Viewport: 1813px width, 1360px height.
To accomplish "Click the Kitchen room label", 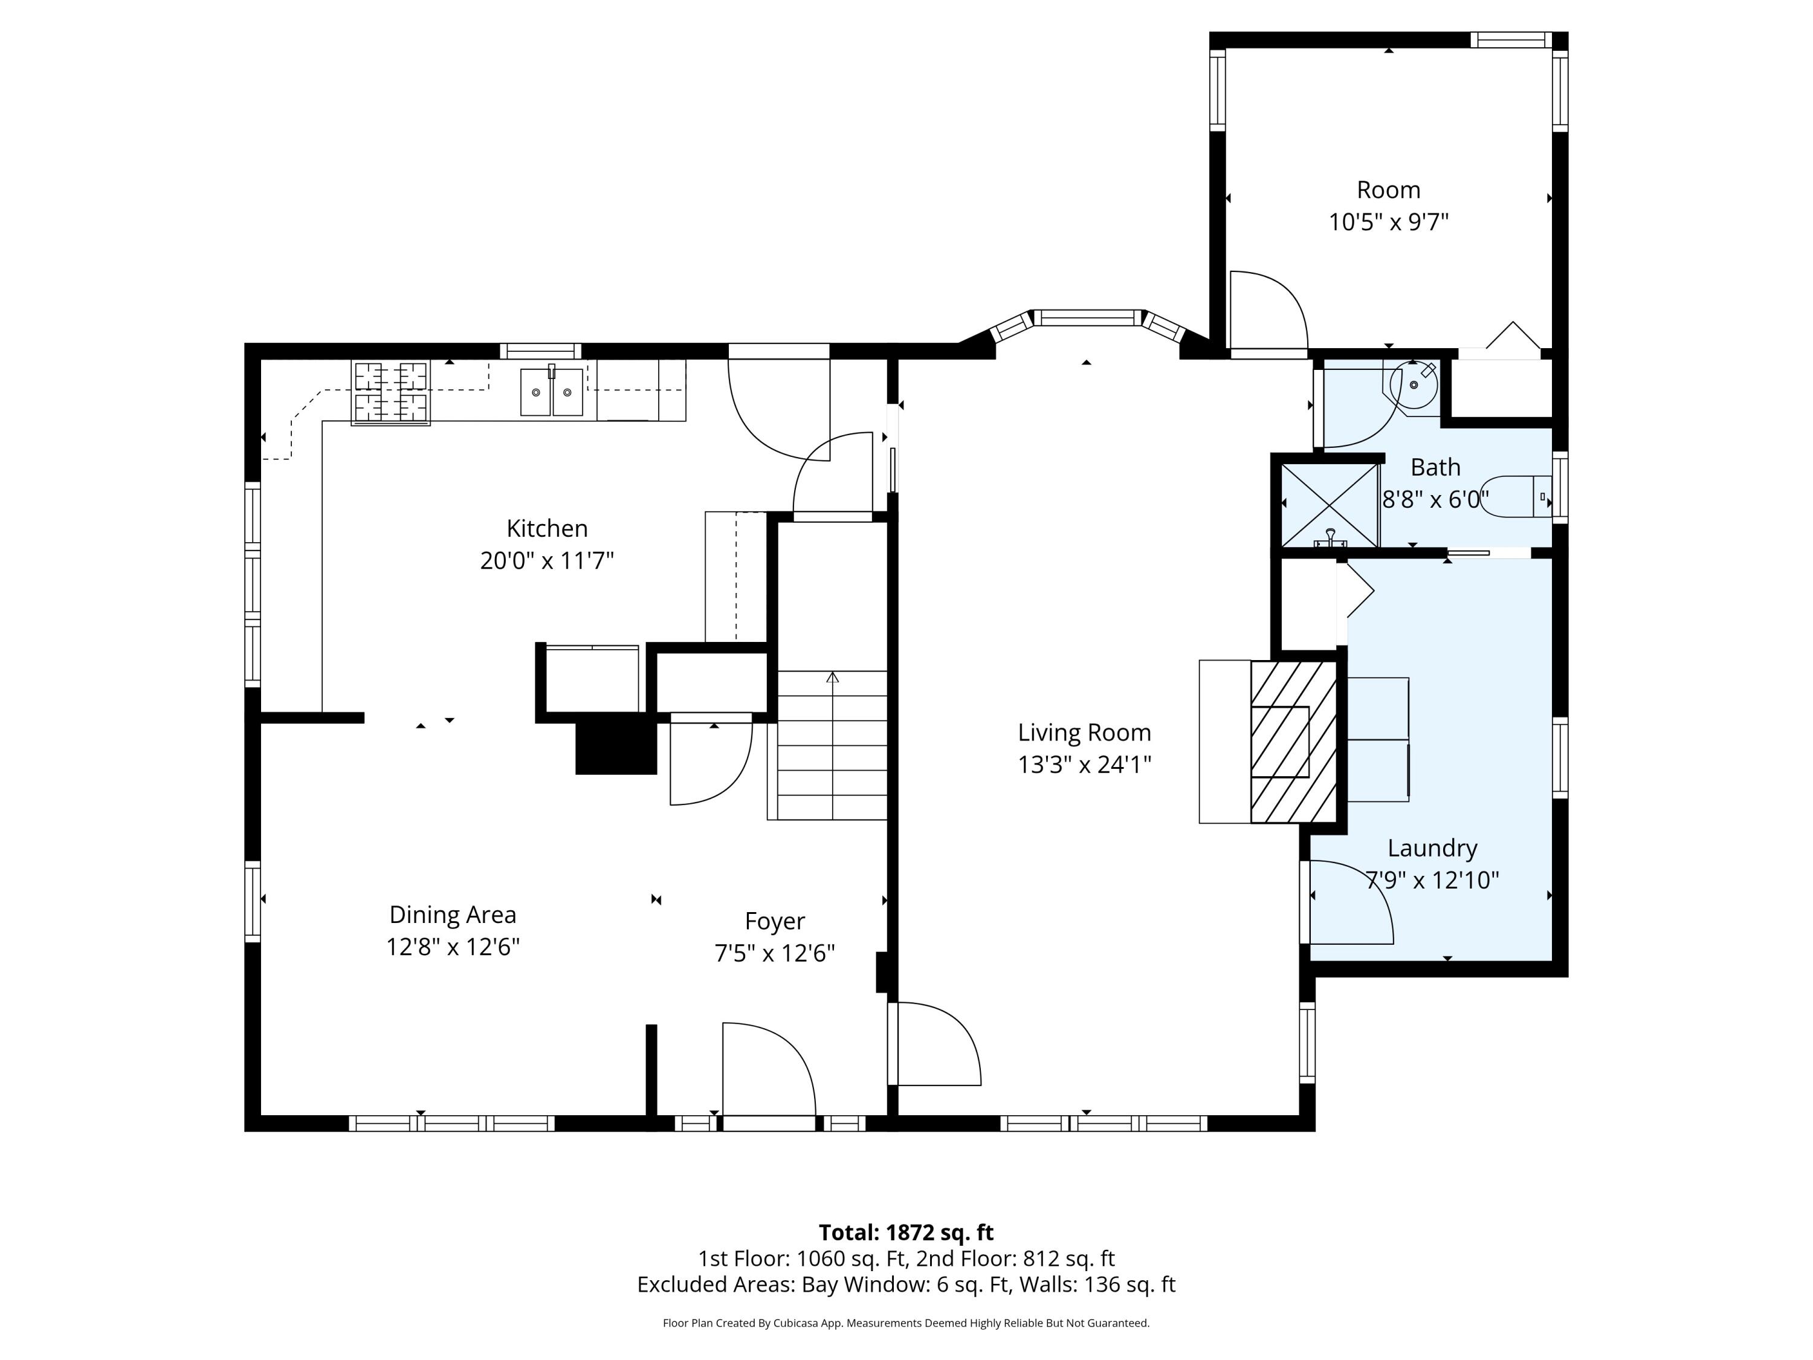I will click(x=547, y=528).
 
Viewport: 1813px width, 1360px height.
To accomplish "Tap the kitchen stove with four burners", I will click(x=391, y=393).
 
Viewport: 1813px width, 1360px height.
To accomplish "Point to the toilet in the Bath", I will click(x=1516, y=496).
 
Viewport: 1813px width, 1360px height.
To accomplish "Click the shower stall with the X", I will click(x=1330, y=504).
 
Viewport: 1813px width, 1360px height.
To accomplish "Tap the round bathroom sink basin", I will click(x=1415, y=384).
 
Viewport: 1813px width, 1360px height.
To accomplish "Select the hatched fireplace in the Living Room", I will click(x=1293, y=742).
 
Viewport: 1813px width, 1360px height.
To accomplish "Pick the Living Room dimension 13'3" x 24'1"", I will click(x=1084, y=765).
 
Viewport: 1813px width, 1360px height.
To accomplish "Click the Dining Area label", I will click(x=453, y=914).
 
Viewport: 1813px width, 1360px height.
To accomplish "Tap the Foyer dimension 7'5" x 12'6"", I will click(x=775, y=953).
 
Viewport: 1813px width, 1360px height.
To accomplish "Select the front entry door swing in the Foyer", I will click(x=768, y=1070).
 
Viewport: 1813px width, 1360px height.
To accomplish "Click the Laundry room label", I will click(x=1432, y=847).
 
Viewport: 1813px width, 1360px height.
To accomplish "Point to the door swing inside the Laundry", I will click(x=1350, y=902).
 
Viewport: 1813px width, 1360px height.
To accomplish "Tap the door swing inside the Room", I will click(x=1267, y=311).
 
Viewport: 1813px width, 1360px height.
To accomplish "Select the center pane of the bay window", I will click(x=1086, y=317).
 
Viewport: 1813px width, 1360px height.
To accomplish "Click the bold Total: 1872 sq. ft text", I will click(x=906, y=1232).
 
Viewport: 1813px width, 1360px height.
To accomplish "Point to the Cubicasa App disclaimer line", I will click(x=906, y=1323).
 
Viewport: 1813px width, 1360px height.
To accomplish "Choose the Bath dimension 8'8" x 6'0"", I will click(x=1435, y=499).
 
